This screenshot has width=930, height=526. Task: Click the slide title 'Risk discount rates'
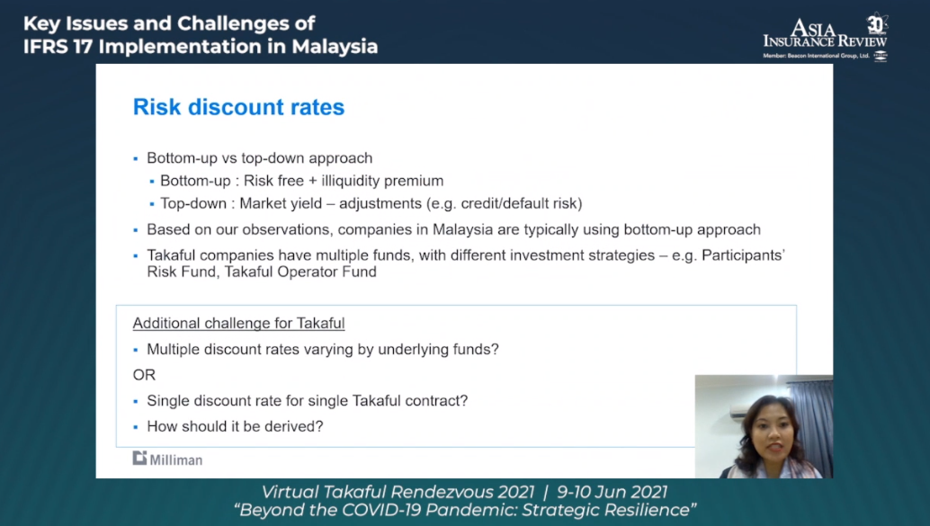click(238, 107)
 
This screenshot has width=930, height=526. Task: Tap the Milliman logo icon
click(139, 458)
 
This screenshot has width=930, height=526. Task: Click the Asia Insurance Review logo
click(825, 37)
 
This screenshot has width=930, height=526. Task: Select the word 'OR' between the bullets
click(144, 375)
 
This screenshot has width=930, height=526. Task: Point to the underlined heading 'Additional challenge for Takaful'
click(238, 323)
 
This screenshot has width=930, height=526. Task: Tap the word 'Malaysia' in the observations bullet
click(462, 229)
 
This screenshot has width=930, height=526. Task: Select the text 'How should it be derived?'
click(235, 426)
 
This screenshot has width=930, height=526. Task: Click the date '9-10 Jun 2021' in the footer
click(612, 492)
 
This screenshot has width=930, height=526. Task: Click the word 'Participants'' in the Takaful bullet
click(743, 255)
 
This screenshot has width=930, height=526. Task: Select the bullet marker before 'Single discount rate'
click(136, 401)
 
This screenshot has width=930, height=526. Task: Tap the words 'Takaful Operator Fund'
click(300, 272)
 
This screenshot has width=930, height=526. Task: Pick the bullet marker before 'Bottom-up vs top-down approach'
click(136, 159)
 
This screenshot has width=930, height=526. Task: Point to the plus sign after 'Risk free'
click(313, 182)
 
